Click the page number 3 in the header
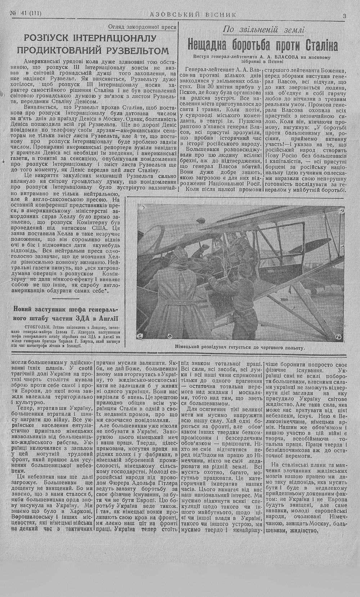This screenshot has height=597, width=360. pyautogui.click(x=345, y=15)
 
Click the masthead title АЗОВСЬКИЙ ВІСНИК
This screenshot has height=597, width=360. pyautogui.click(x=193, y=15)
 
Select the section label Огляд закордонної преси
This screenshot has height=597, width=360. pyautogui.click(x=142, y=27)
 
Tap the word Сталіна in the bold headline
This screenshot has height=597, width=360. pyautogui.click(x=319, y=45)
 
